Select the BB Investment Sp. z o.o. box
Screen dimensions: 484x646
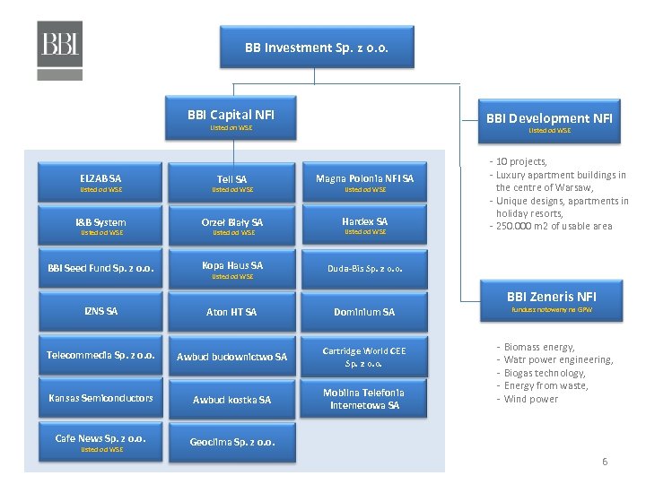coord(317,48)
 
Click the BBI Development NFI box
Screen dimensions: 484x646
coord(549,121)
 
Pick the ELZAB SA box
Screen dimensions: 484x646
coord(100,183)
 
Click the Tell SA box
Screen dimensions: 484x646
coord(232,183)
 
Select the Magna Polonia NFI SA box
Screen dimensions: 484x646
coord(364,183)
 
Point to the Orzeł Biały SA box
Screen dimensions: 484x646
coord(232,226)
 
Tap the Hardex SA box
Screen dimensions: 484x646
coord(364,226)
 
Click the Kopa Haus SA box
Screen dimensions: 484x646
coord(232,269)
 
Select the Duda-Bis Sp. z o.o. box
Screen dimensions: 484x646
coord(364,268)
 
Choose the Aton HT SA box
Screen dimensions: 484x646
coord(232,312)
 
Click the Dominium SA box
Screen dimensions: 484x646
coord(364,312)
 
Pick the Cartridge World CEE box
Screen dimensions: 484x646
coord(364,357)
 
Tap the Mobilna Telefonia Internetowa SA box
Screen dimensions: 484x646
coord(364,399)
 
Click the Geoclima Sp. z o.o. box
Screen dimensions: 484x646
coord(232,442)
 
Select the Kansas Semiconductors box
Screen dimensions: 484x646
coord(100,398)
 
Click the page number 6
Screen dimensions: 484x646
coord(605,462)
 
